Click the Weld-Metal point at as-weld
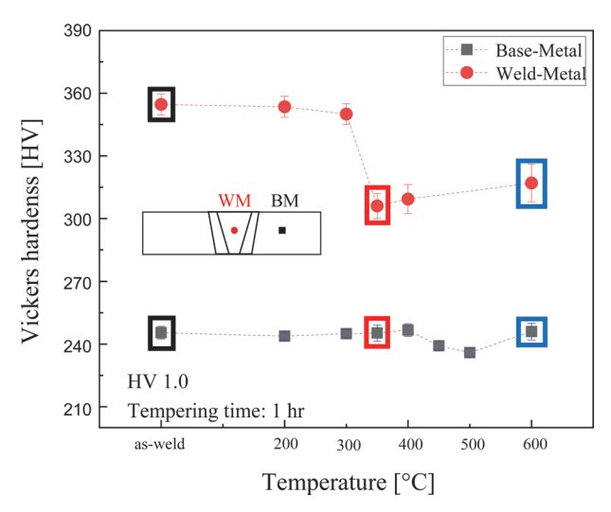(161, 104)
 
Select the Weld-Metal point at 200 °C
(284, 107)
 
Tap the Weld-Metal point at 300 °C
(347, 114)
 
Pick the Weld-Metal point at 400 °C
(408, 199)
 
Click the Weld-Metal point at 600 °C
(531, 183)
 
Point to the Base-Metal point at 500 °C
(470, 352)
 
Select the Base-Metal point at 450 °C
(439, 345)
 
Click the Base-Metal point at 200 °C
(284, 336)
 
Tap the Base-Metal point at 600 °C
(531, 331)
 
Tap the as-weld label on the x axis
(160, 444)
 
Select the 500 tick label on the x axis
(470, 444)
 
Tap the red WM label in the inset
(233, 201)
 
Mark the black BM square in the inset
(281, 230)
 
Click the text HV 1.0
(158, 382)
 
